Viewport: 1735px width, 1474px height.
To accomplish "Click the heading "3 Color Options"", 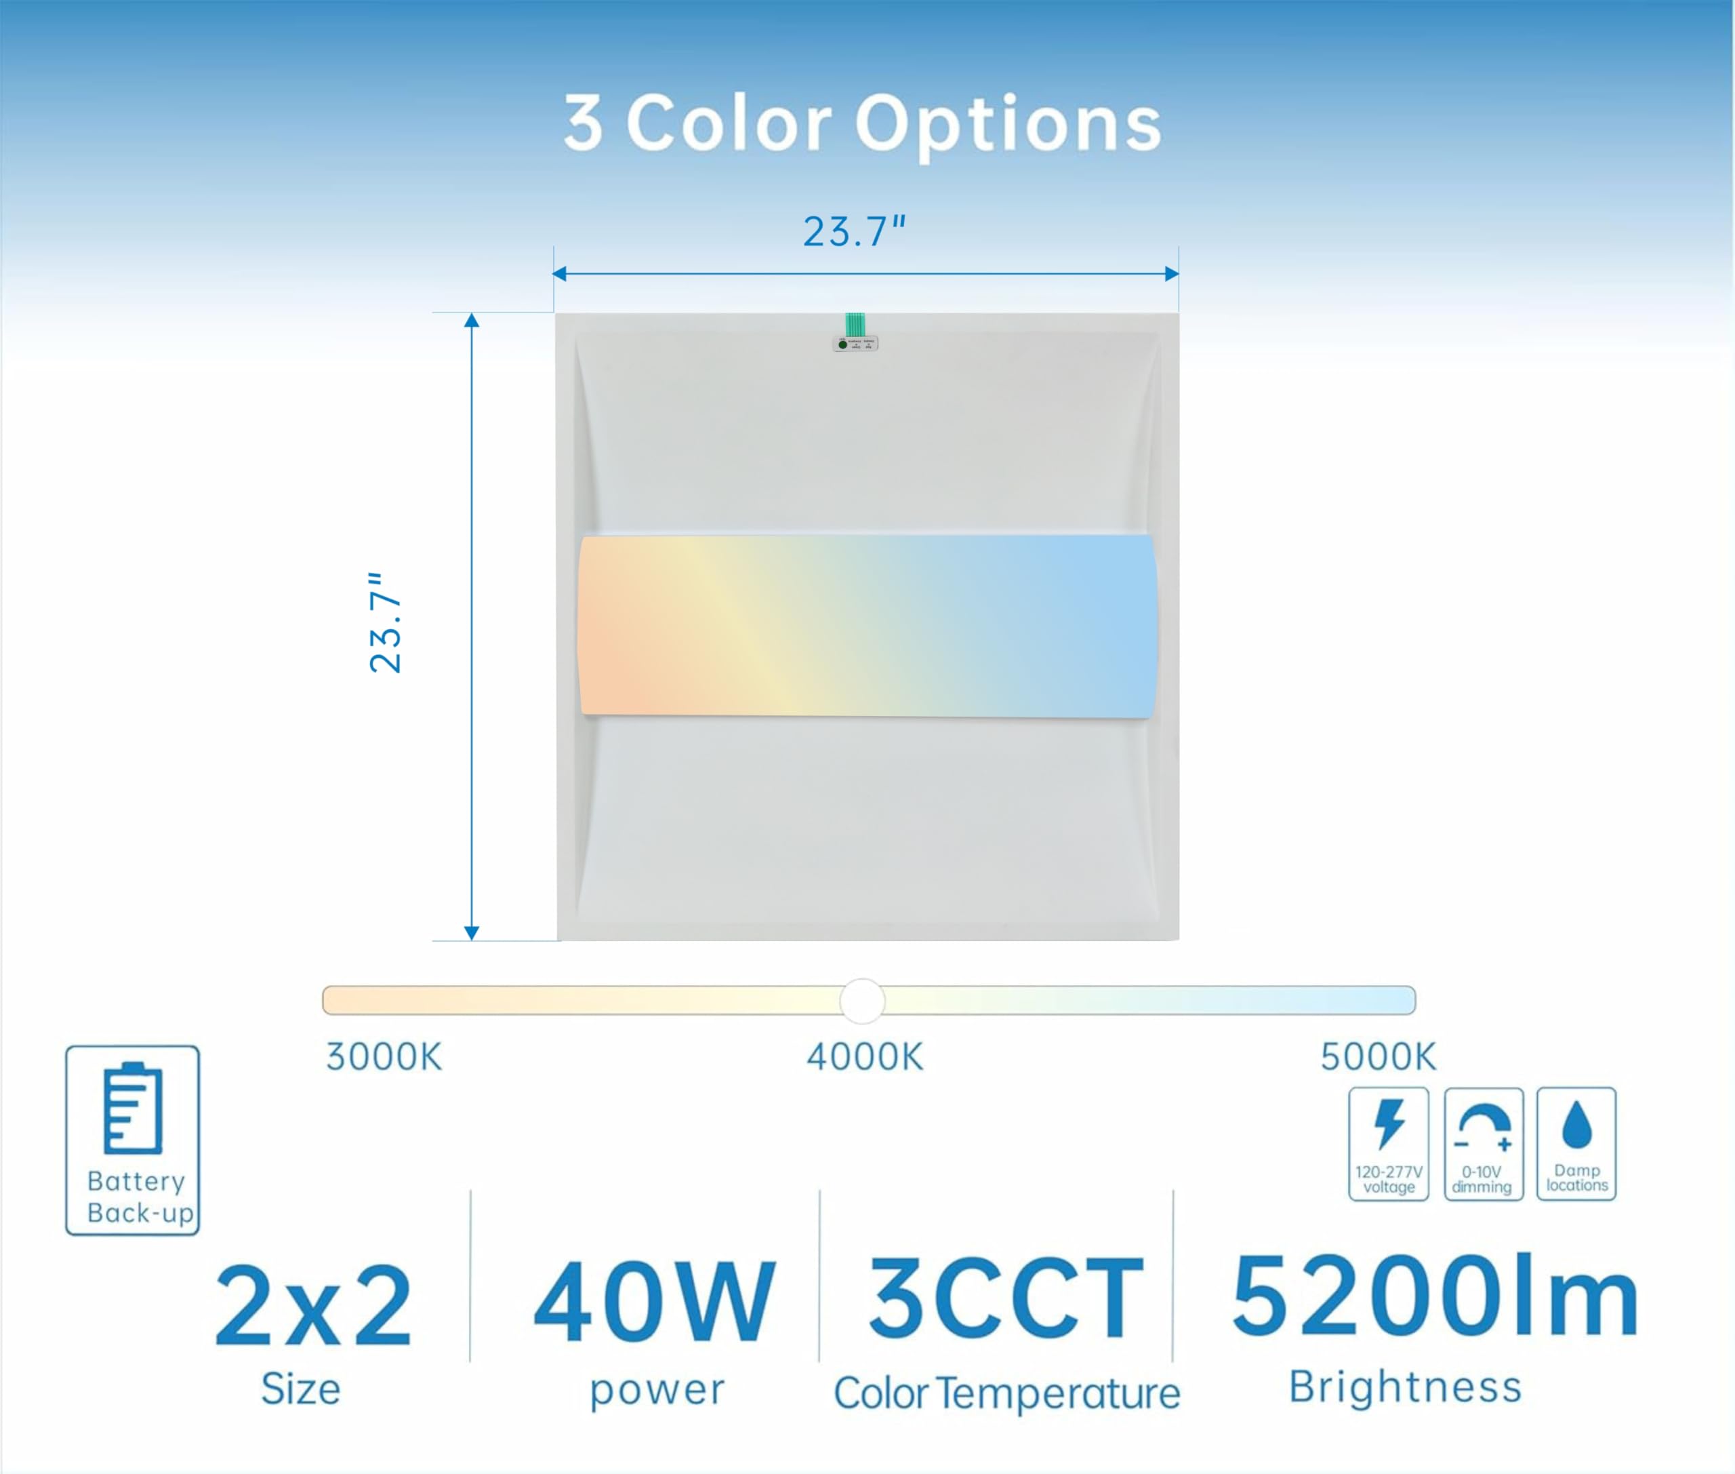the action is pos(862,125).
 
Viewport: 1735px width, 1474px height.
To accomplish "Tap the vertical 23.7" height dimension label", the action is pos(385,622).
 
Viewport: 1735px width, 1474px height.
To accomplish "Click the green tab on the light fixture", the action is pos(855,324).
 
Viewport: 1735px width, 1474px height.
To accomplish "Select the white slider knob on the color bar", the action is pos(862,1000).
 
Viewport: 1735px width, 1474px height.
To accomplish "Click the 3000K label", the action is pos(384,1057).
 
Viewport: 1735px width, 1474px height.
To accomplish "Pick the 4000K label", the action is pos(865,1057).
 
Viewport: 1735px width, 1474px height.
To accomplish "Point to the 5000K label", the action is pos(1379,1057).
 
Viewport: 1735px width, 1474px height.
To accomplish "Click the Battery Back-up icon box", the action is pos(133,1140).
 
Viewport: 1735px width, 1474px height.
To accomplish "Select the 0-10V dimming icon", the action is pos(1484,1144).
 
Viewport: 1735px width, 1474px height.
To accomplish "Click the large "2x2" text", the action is pos(313,1306).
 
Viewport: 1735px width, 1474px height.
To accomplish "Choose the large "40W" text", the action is pos(655,1302).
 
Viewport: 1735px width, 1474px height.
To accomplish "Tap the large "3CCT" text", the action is pos(1006,1299).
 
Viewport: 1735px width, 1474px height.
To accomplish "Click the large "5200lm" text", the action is pos(1435,1294).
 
